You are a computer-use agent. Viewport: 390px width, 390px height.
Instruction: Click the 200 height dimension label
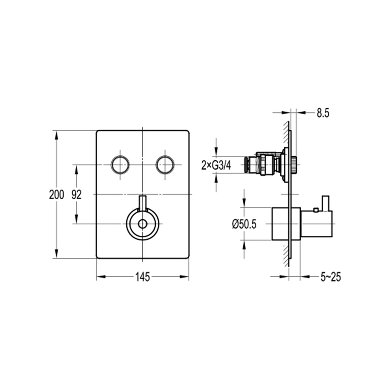pyautogui.click(x=56, y=195)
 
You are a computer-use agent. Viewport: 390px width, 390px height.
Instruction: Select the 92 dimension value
pyautogui.click(x=77, y=195)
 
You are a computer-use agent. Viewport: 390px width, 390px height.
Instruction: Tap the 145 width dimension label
pyautogui.click(x=143, y=277)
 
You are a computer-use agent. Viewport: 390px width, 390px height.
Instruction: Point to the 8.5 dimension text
pyautogui.click(x=323, y=113)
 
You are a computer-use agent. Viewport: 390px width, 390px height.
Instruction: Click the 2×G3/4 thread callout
pyautogui.click(x=216, y=165)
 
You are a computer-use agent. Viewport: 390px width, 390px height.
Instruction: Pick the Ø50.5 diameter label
pyautogui.click(x=244, y=224)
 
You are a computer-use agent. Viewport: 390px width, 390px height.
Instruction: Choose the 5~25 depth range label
pyautogui.click(x=331, y=277)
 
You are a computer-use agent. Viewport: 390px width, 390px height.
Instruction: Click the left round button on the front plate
pyautogui.click(x=120, y=165)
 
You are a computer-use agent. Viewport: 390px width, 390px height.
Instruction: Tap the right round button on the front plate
pyautogui.click(x=165, y=165)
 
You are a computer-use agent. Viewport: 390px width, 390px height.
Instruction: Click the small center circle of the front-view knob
pyautogui.click(x=142, y=224)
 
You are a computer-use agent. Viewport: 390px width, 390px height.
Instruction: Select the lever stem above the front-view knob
pyautogui.click(x=142, y=203)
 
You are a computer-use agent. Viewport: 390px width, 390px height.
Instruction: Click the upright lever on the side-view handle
pyautogui.click(x=326, y=203)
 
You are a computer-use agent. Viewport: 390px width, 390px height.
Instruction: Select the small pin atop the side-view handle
pyautogui.click(x=316, y=210)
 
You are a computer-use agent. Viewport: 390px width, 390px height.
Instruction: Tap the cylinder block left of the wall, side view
pyautogui.click(x=281, y=224)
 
